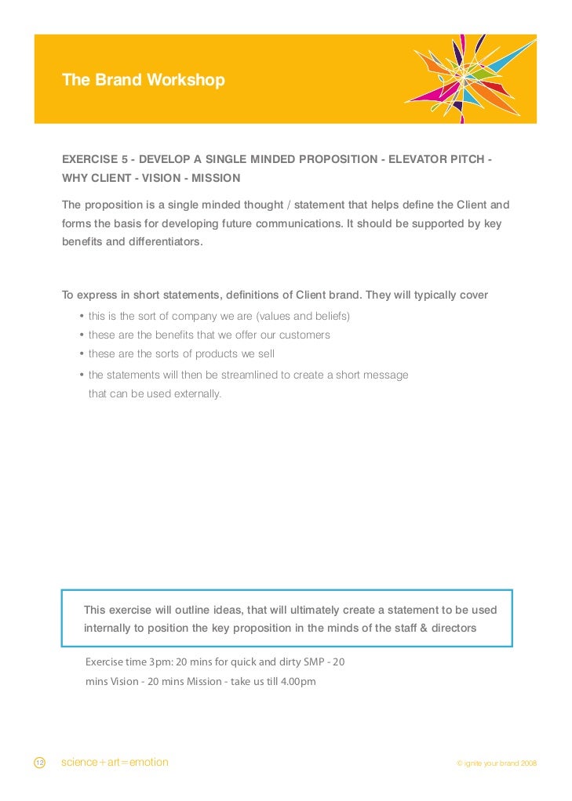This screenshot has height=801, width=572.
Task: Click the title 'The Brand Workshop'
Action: click(144, 80)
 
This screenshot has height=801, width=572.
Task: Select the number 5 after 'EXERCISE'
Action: click(125, 159)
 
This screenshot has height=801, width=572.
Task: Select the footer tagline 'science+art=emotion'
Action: click(115, 763)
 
